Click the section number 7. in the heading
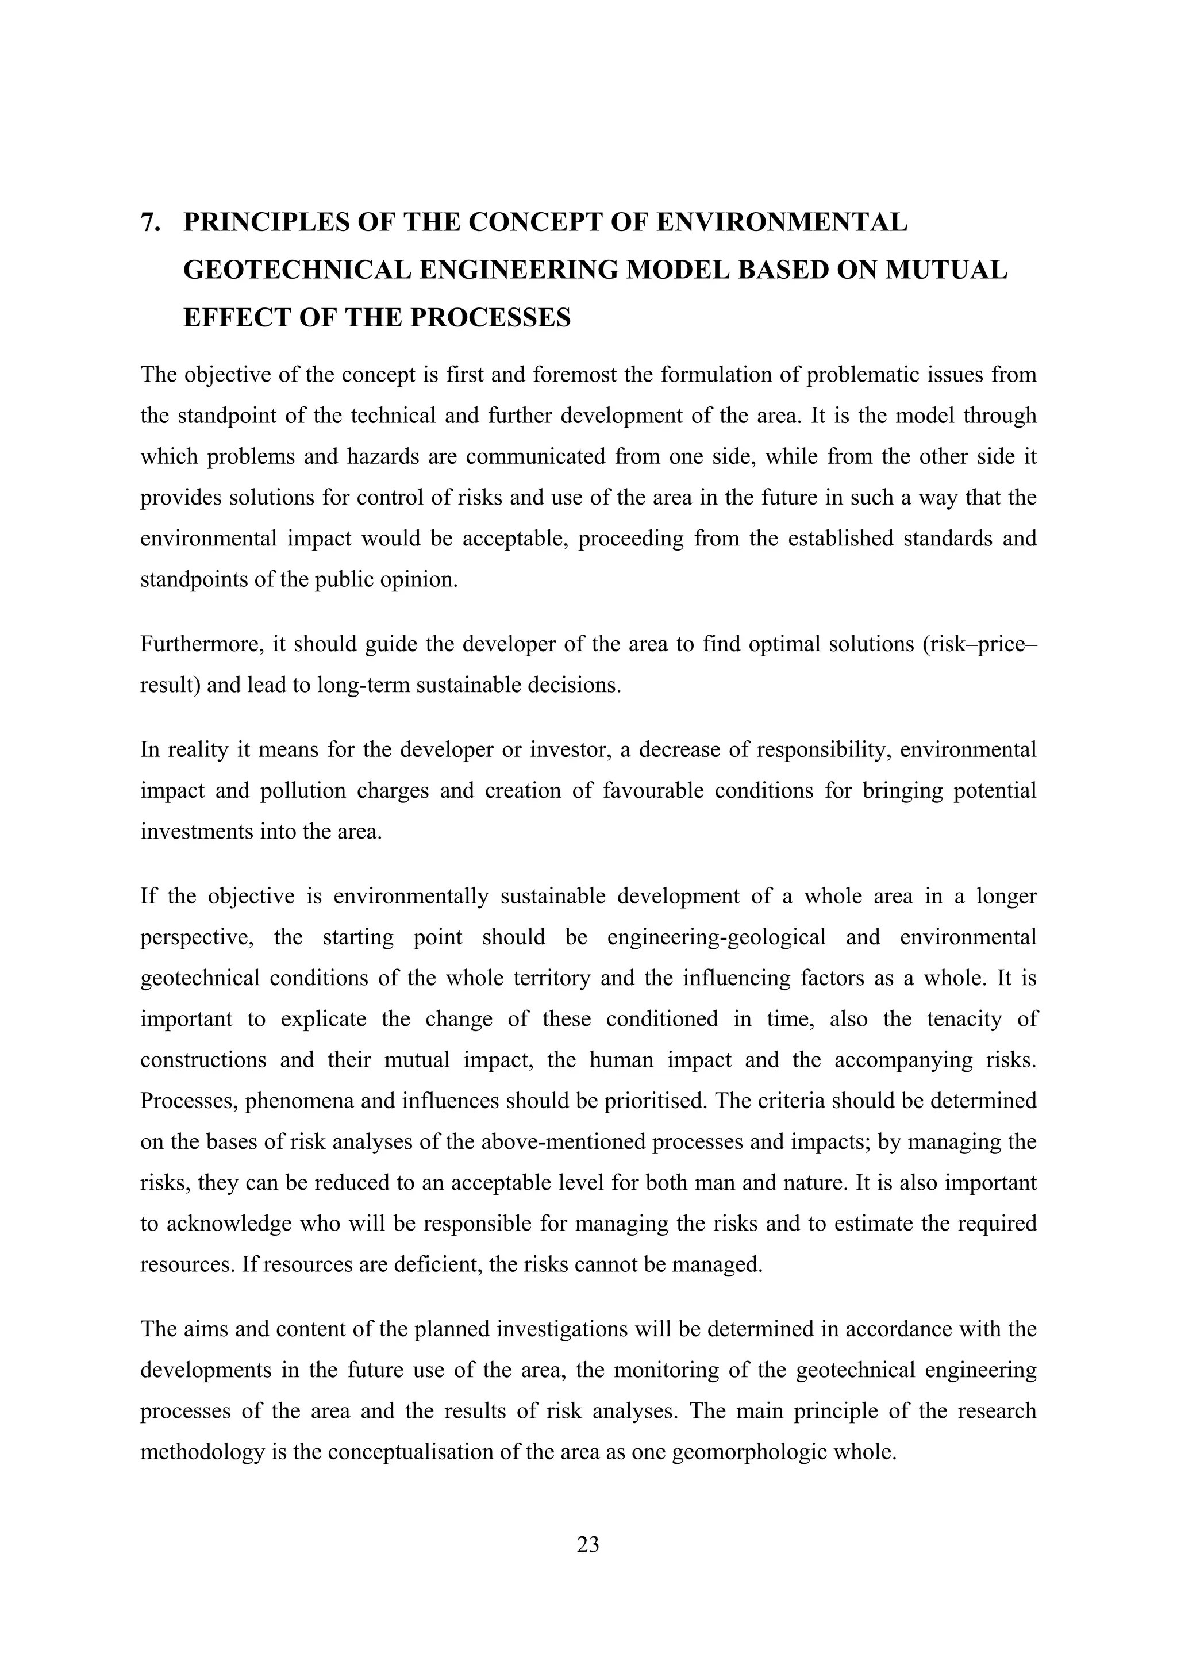coord(151,222)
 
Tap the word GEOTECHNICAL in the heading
coord(297,271)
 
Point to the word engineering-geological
coord(716,937)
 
